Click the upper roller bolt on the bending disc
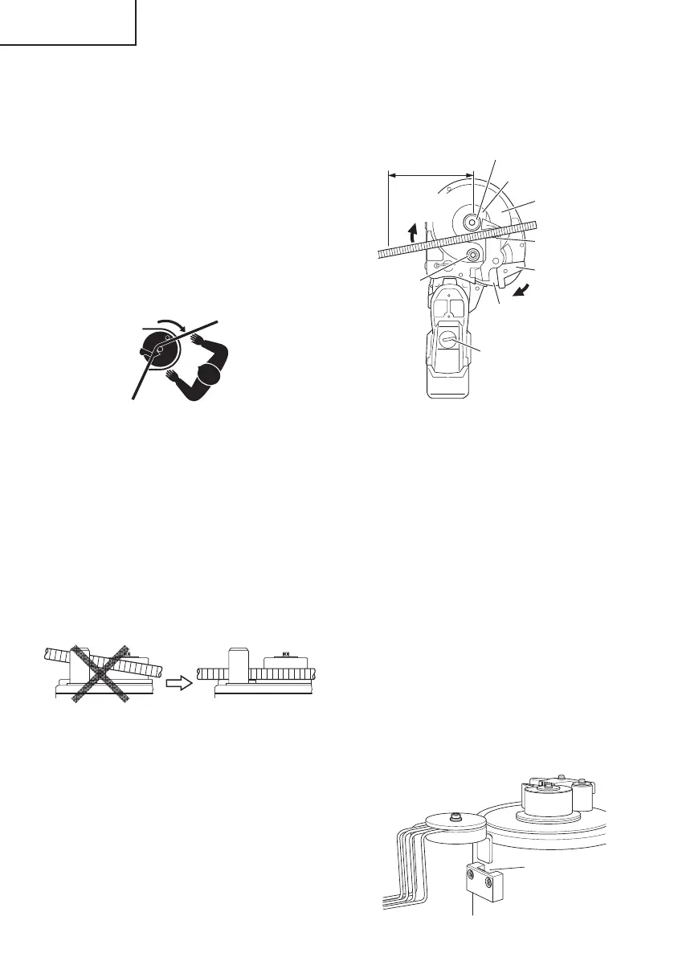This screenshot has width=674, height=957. coord(472,218)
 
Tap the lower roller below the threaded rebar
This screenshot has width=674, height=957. coord(472,256)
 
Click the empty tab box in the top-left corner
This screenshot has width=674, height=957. coord(67,22)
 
